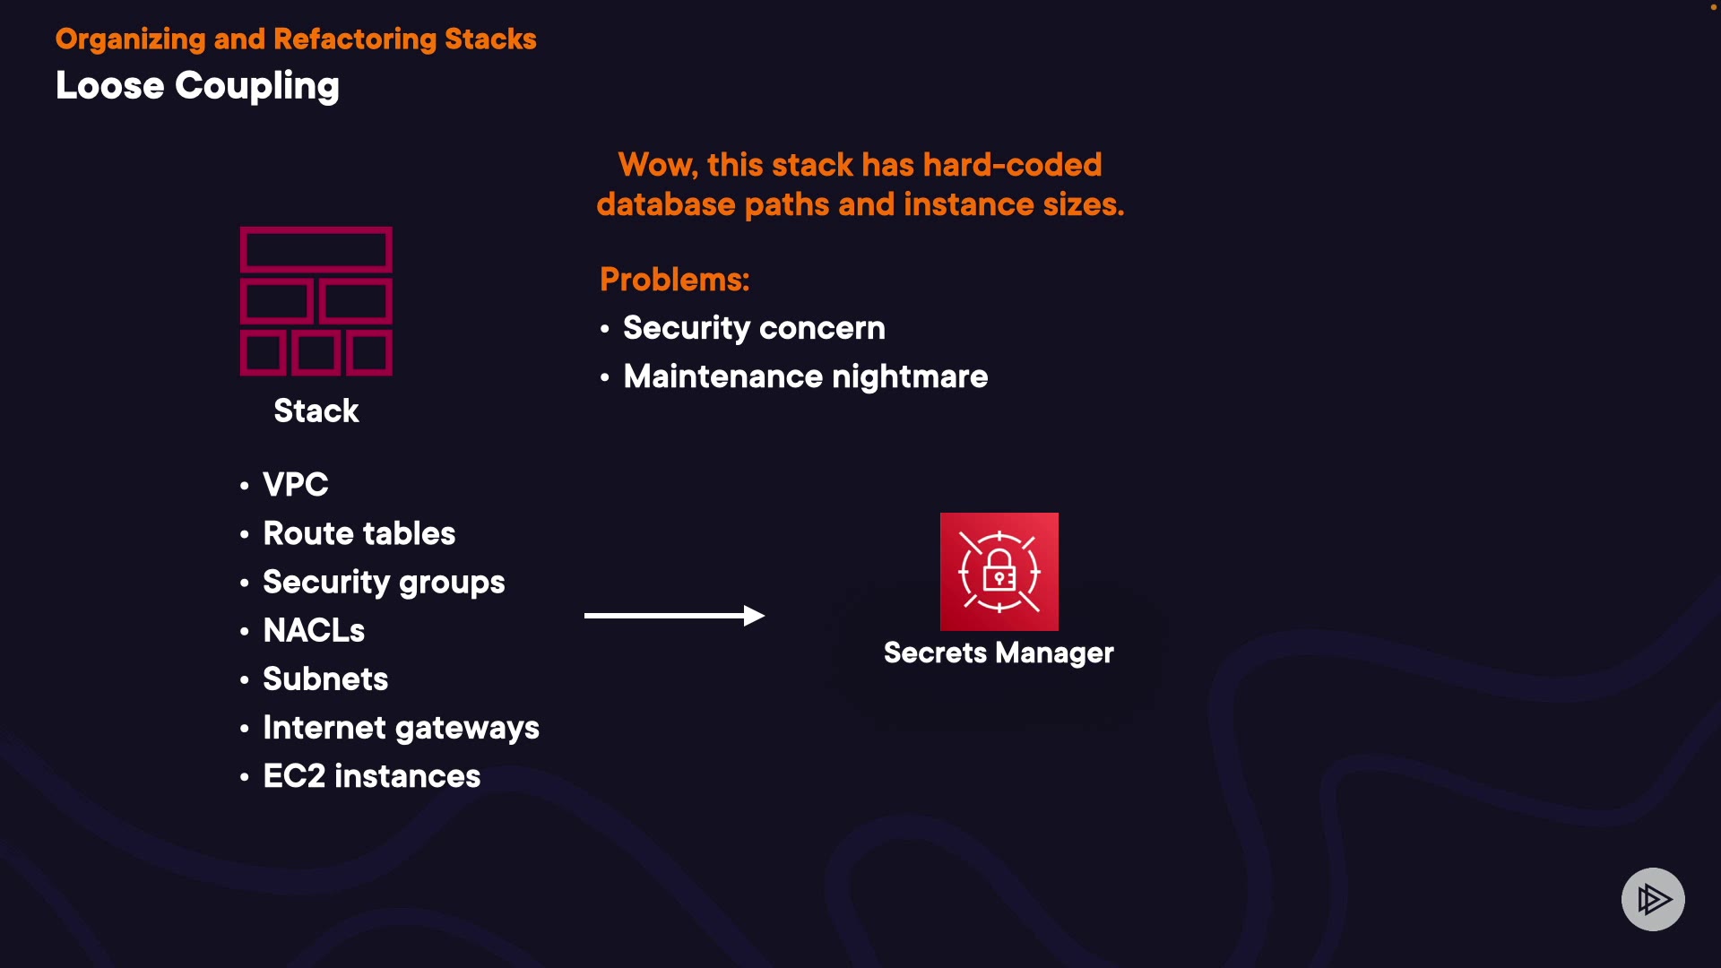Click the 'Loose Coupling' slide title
[197, 86]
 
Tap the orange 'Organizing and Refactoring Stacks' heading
[296, 39]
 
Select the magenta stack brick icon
[316, 301]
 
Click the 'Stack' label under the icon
[316, 411]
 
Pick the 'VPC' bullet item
[295, 485]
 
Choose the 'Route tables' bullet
[359, 533]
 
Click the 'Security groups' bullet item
[384, 583]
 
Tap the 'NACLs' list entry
[314, 631]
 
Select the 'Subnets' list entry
[325, 679]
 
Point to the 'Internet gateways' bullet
[401, 728]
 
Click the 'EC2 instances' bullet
[371, 776]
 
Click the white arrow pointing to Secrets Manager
[674, 616]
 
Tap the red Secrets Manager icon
[999, 572]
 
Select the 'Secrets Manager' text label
[999, 653]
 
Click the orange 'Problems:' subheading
[674, 280]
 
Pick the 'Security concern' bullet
[754, 328]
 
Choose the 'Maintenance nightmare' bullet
[805, 376]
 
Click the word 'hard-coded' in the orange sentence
[1012, 165]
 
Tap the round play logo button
[1653, 899]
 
